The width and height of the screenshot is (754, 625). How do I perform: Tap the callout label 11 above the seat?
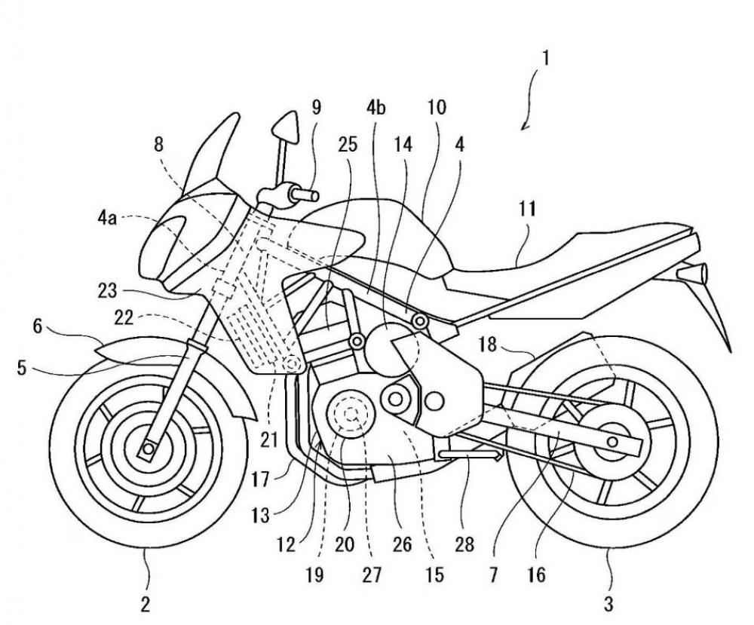pos(527,210)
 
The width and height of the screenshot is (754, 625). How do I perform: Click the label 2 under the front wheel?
pos(146,602)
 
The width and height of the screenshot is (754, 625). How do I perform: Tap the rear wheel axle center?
pos(612,440)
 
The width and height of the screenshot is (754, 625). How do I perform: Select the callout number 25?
pos(347,145)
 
